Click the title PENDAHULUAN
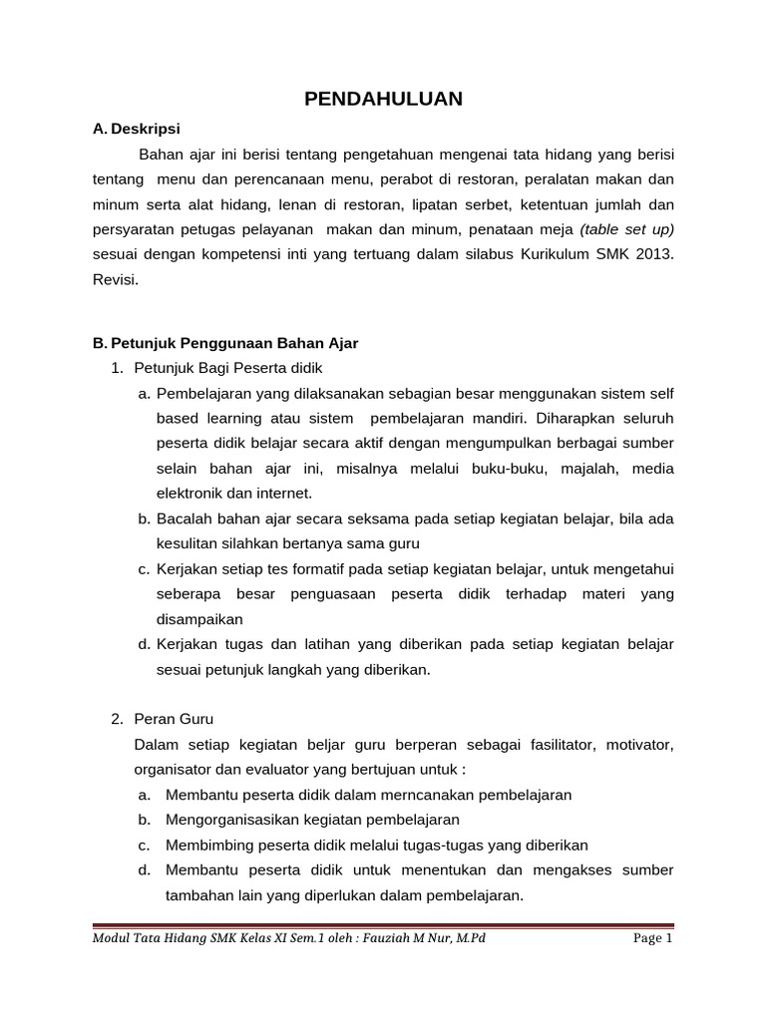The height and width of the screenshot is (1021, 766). [x=383, y=99]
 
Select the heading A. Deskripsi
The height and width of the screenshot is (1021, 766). [x=137, y=129]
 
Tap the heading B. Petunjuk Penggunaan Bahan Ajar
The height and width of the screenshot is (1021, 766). [x=224, y=343]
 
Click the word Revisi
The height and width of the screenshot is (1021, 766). [x=115, y=280]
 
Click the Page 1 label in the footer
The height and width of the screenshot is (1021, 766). [x=653, y=939]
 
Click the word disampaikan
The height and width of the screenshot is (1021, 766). [x=199, y=619]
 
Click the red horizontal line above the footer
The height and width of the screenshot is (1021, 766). [x=383, y=923]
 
